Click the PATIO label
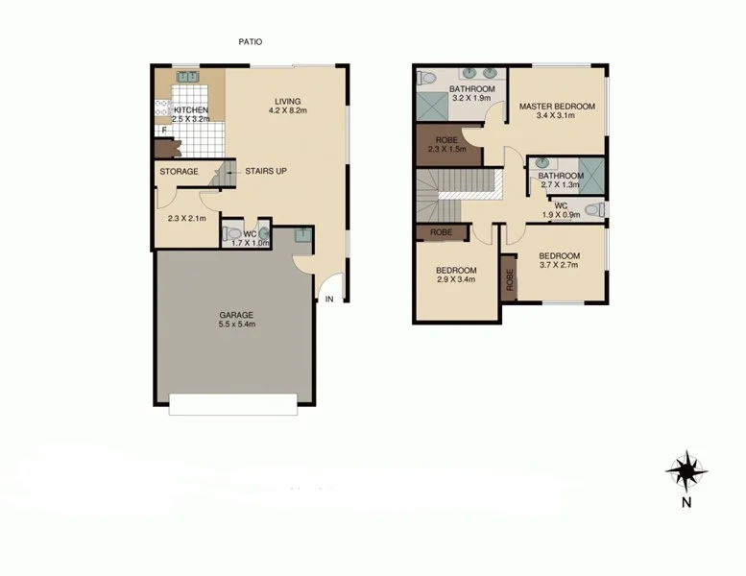250,42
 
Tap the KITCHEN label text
190,109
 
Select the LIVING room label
287,101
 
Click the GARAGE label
235,314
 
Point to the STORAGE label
179,172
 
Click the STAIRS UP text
266,172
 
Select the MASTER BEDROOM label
558,106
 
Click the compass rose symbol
686,470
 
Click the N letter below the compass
686,501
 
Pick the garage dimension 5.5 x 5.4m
235,324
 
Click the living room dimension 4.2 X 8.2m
287,111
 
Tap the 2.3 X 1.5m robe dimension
446,149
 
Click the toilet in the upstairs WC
594,209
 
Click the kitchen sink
185,77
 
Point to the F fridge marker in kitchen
164,130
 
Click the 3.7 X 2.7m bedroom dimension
560,265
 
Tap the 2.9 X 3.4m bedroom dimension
456,280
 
